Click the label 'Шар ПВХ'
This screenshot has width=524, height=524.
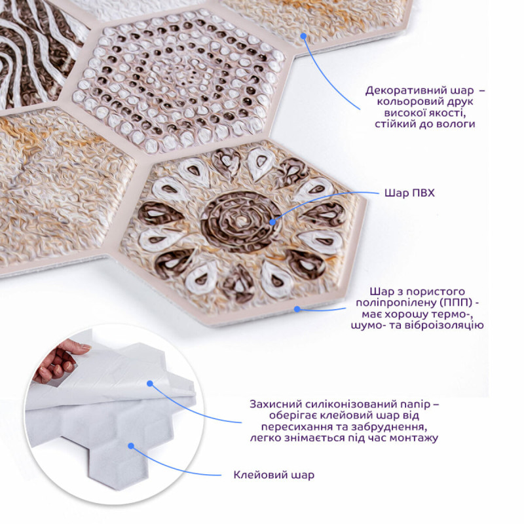(409, 193)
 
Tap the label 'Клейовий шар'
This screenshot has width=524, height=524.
(274, 475)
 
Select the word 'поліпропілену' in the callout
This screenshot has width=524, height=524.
(396, 303)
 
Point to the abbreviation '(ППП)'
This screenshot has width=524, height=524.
(457, 303)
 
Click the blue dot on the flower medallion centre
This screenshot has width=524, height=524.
(272, 222)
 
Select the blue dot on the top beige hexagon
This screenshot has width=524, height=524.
(303, 36)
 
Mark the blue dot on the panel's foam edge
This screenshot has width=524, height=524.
(297, 309)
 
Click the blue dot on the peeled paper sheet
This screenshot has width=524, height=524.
(150, 384)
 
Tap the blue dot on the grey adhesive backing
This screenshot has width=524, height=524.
(132, 446)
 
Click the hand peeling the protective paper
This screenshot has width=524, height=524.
(58, 360)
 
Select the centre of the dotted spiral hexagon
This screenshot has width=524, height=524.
(178, 79)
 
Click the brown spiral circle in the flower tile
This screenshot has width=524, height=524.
(240, 222)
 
